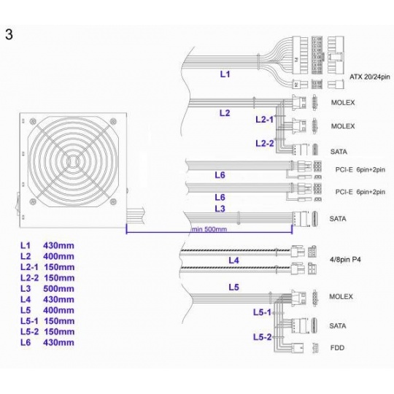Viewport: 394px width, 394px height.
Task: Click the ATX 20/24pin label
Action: [x=370, y=77]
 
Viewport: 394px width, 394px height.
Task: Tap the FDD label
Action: [x=337, y=348]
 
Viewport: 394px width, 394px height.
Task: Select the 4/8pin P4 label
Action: [x=345, y=259]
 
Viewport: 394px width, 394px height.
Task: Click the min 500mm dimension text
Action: [x=209, y=229]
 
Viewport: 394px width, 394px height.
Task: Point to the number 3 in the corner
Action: [x=9, y=34]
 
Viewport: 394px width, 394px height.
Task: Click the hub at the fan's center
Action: [x=73, y=161]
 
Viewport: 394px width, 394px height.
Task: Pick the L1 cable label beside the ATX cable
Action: [x=225, y=74]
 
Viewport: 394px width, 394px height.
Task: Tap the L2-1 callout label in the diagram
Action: [x=264, y=120]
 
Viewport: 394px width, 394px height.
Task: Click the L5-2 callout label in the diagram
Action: [x=263, y=337]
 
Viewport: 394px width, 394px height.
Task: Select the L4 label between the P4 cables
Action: [x=233, y=260]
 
